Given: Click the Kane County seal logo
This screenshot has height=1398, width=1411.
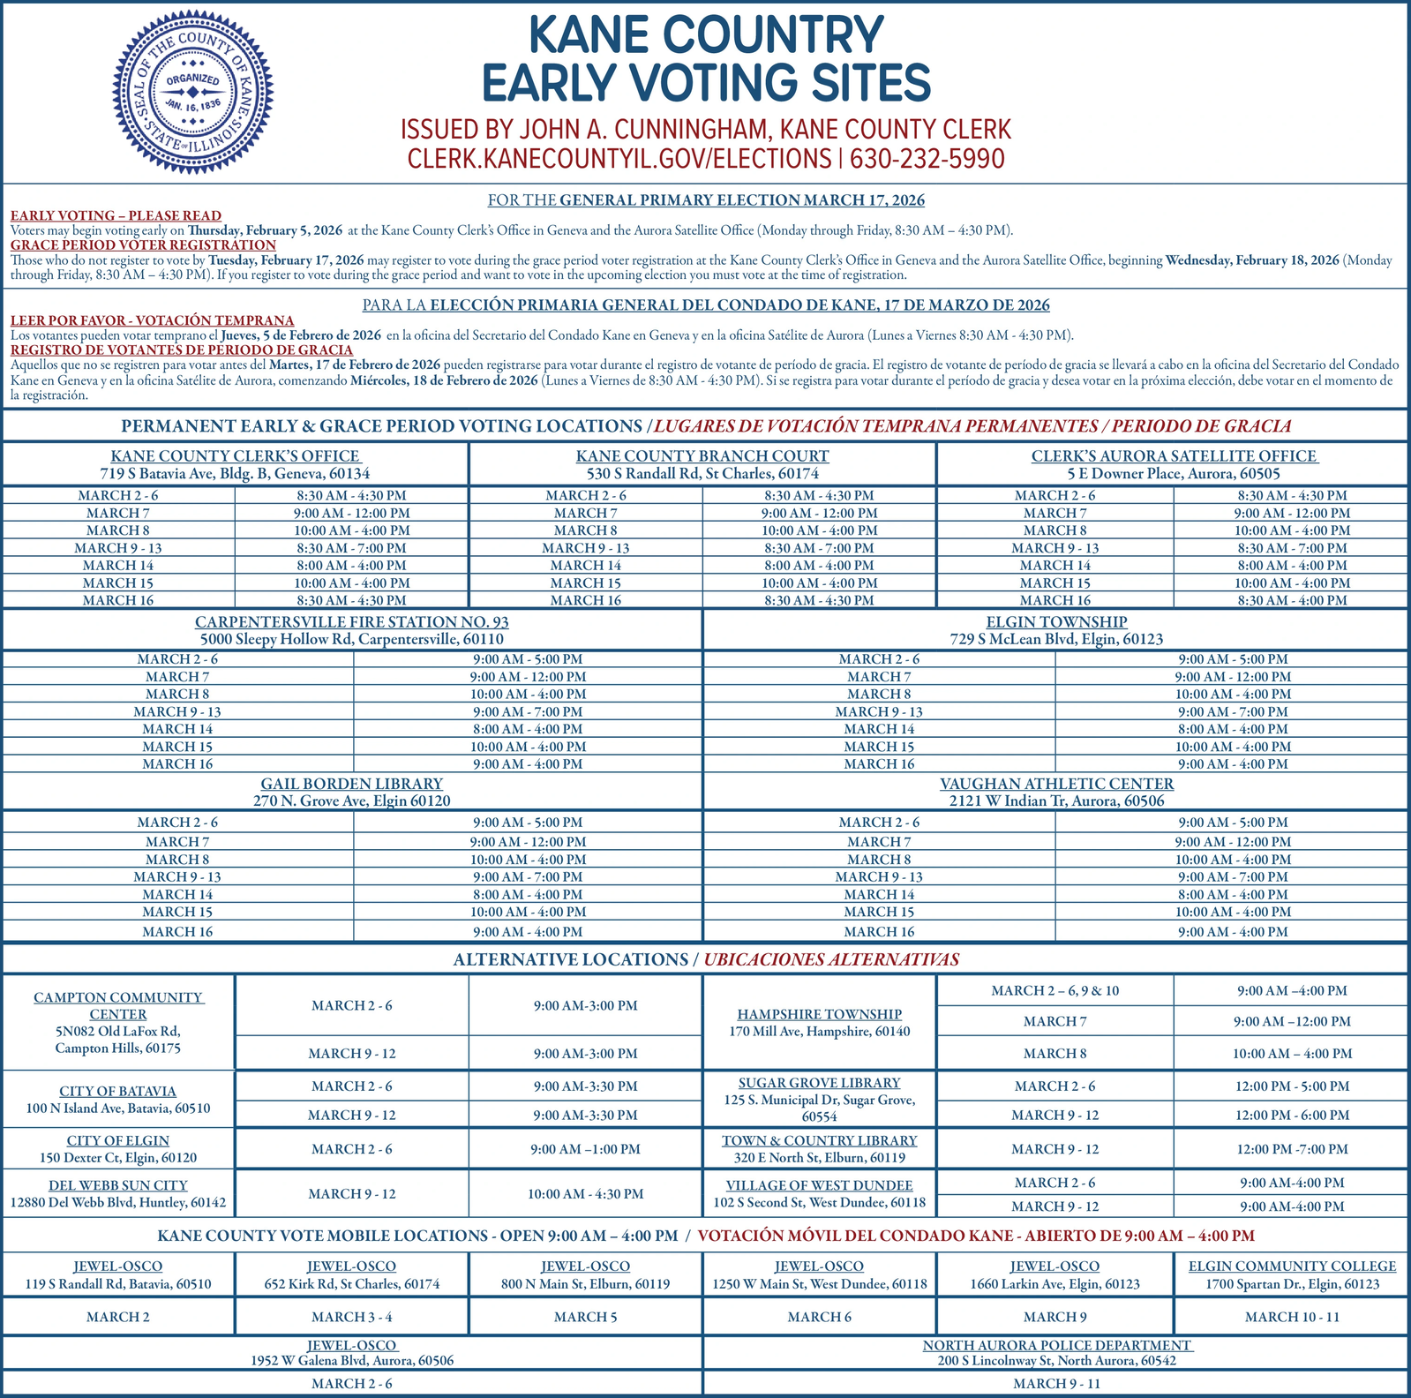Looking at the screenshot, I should coord(193,92).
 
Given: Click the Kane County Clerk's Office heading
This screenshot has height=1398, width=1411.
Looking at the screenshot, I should coord(236,456).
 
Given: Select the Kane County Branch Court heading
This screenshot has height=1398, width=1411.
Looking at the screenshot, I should coord(702,456).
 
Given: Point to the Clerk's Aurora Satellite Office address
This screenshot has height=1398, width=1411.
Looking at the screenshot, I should coord(1174,474).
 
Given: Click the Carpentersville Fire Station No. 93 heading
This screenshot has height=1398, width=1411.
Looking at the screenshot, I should coord(351,622).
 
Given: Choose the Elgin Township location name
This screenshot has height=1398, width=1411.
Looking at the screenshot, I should coord(1056,622).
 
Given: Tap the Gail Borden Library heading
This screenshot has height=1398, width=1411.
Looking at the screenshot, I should coord(351,784).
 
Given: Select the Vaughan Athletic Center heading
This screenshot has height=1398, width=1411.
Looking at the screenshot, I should coord(1056,784).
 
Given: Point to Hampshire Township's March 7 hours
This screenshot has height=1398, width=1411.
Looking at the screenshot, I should coord(1291,1022).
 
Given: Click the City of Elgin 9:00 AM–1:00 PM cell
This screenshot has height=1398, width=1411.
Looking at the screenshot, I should coord(585,1149).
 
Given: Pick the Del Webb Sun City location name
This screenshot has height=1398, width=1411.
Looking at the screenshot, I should coord(118,1185).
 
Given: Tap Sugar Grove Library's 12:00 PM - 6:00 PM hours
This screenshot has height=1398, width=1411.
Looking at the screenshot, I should coord(1291,1116).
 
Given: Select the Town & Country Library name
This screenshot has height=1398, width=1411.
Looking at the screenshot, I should coord(819,1141).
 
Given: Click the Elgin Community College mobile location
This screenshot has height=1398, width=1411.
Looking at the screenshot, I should coord(1292,1266).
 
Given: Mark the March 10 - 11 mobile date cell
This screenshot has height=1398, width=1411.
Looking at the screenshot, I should coord(1292,1317).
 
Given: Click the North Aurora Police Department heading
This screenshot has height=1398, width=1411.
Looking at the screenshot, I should coord(1056,1345).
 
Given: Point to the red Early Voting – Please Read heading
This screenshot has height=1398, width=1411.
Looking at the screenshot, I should coord(116,215).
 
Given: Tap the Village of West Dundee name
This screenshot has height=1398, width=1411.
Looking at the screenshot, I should coord(819,1185).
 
